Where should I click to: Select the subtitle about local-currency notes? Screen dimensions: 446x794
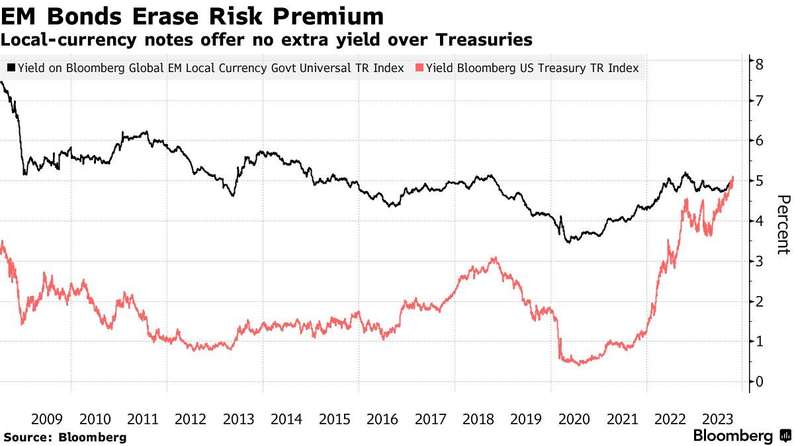[267, 40]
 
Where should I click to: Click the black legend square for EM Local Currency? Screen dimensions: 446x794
[11, 68]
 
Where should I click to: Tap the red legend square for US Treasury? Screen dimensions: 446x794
[419, 68]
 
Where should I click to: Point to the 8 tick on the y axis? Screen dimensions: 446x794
[760, 63]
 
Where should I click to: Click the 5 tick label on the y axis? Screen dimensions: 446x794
[760, 180]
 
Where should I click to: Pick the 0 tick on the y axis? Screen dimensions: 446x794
[760, 381]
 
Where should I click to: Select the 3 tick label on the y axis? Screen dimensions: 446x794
[760, 261]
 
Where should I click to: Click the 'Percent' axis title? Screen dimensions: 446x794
[783, 225]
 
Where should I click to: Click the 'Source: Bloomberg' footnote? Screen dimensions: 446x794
[65, 437]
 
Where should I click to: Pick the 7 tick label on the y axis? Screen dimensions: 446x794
[760, 100]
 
